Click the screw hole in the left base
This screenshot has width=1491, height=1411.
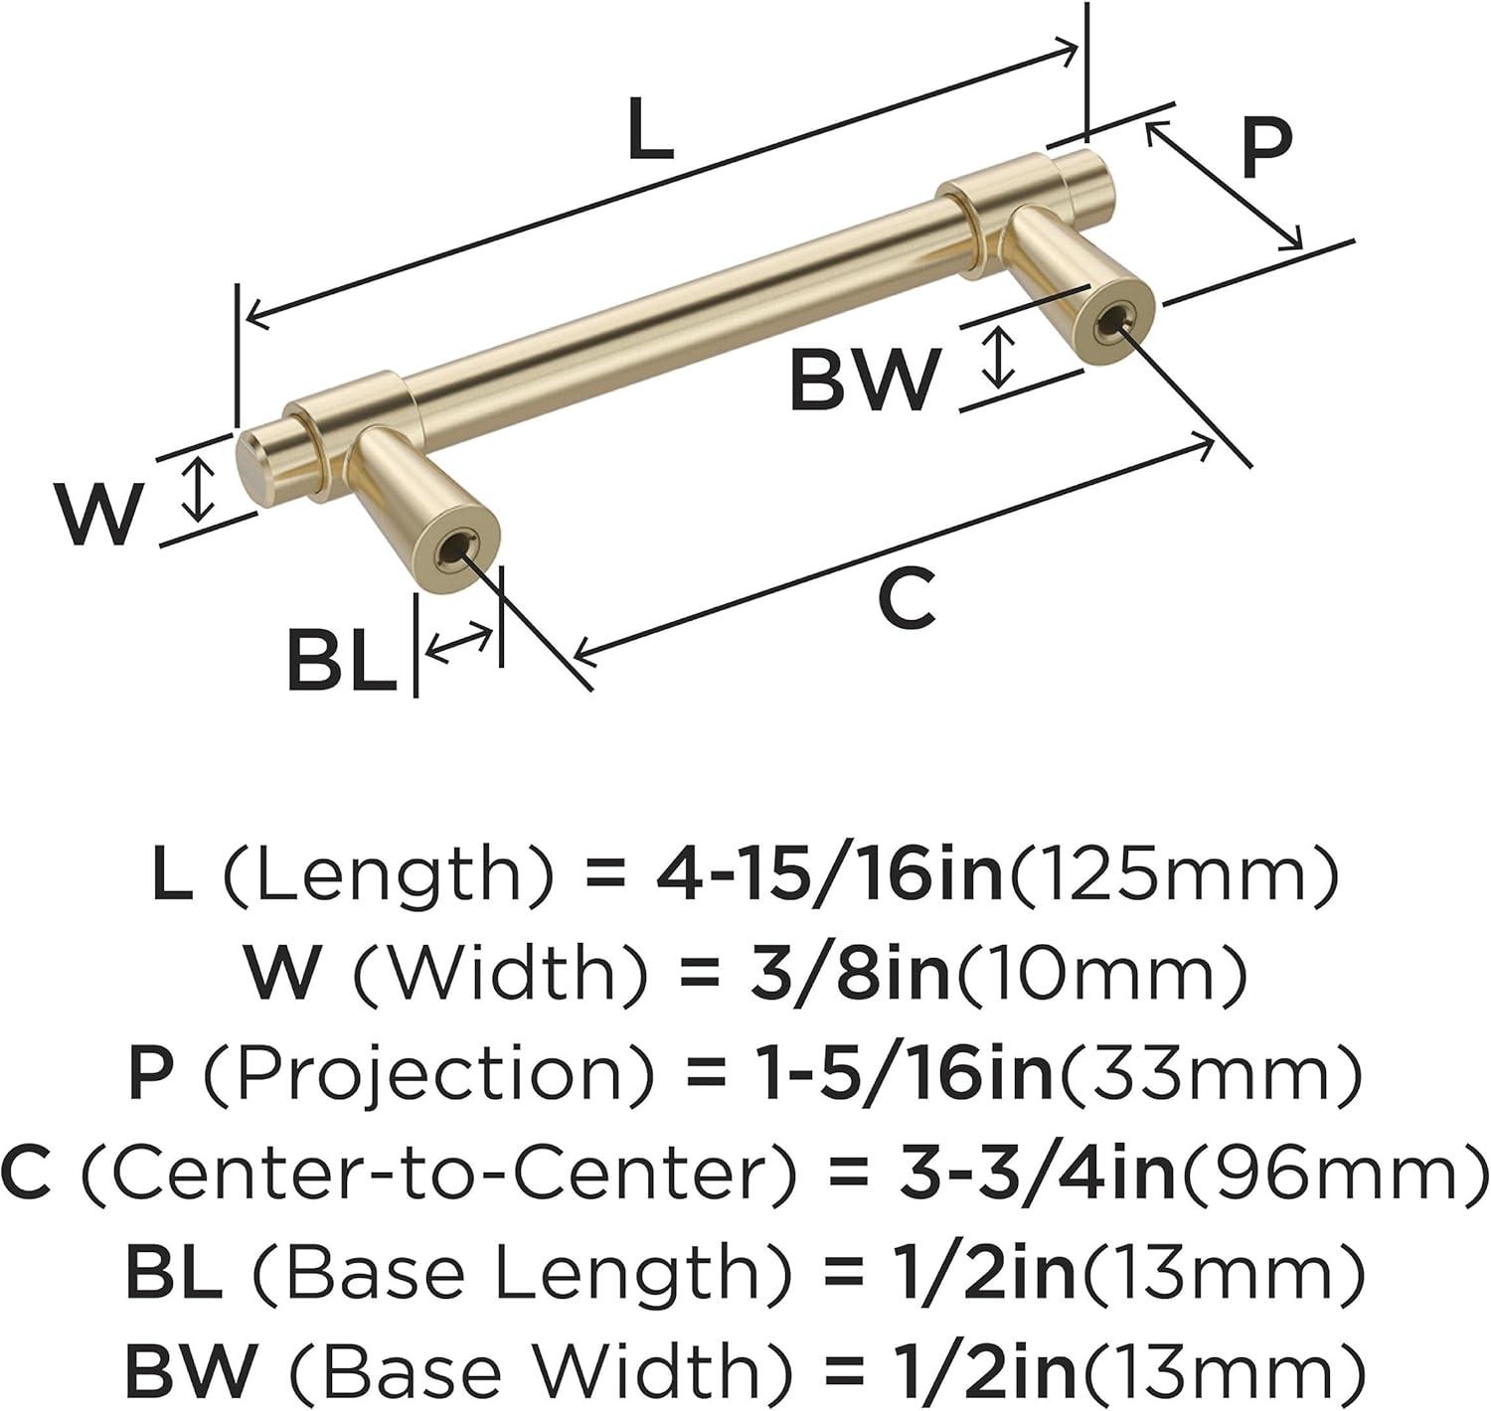click(454, 549)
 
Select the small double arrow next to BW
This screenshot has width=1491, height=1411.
click(998, 360)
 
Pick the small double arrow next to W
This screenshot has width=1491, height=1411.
click(200, 489)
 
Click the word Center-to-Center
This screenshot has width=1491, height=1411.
click(437, 1174)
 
